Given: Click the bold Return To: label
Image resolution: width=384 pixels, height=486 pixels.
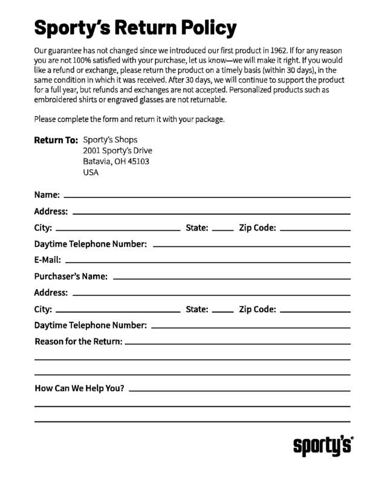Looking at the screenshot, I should (x=56, y=140).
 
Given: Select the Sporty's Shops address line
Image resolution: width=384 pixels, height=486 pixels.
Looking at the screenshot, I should (x=110, y=140).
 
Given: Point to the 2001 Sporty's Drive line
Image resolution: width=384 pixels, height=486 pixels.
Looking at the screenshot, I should (x=117, y=151).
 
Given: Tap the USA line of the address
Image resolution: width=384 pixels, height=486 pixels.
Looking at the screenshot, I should (x=91, y=173).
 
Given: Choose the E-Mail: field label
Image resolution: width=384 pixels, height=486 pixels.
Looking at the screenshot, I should (x=47, y=260).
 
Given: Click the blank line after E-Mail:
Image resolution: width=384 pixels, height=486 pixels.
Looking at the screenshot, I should (x=207, y=263).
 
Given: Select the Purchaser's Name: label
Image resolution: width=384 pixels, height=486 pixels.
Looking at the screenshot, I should (x=71, y=277).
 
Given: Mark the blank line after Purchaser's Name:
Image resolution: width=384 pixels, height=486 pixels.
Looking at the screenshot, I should (x=231, y=279).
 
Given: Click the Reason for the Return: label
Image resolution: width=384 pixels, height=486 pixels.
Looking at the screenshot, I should (x=78, y=342).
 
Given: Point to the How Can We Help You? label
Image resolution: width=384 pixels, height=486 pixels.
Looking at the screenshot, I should (x=79, y=388).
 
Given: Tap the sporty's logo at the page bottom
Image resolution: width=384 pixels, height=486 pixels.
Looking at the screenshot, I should (x=323, y=446).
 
